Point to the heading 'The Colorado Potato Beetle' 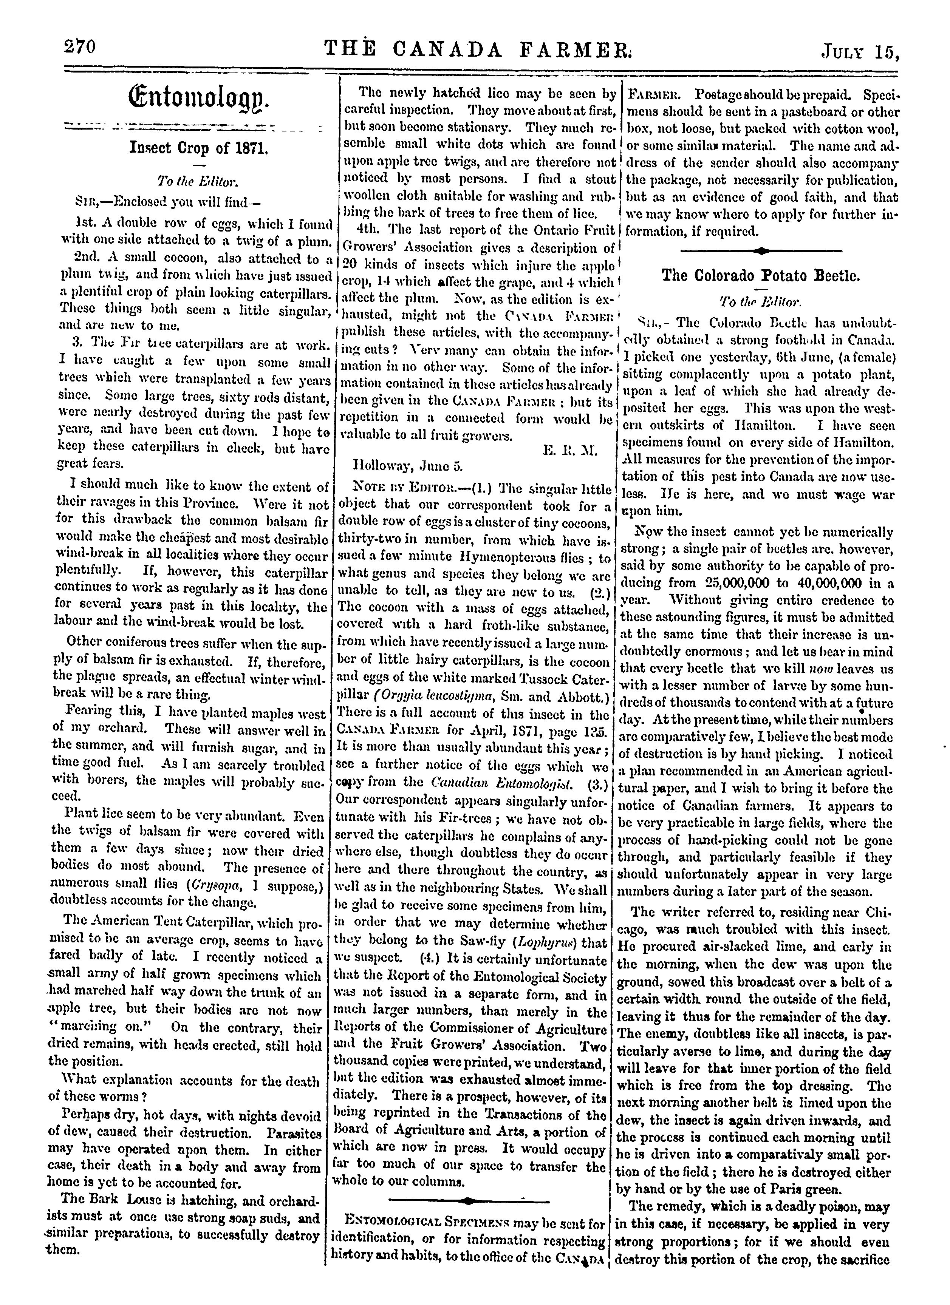coord(761,276)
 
